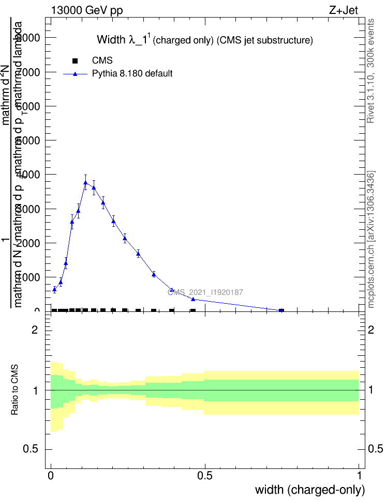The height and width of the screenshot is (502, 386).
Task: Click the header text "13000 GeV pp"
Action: (87, 10)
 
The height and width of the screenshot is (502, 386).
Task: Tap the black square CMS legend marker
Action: (75, 61)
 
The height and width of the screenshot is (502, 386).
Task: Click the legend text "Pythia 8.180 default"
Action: (132, 74)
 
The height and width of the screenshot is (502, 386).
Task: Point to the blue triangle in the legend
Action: (75, 74)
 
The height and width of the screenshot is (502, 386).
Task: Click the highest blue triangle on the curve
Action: (86, 182)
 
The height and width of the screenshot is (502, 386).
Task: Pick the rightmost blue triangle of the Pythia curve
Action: (281, 310)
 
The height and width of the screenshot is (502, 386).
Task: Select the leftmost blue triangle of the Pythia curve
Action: (54, 289)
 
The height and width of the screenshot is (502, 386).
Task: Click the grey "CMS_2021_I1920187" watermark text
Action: (205, 292)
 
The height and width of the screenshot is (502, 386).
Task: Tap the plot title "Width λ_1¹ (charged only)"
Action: (205, 40)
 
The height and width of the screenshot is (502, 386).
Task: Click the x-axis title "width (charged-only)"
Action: (310, 489)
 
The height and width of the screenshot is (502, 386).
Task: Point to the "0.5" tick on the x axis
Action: (205, 475)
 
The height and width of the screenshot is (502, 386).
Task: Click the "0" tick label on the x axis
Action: (51, 475)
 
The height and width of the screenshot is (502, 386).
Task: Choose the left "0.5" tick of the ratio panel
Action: (31, 449)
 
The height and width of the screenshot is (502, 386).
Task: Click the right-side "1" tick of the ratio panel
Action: (370, 390)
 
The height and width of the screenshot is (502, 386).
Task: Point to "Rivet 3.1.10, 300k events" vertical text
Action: (370, 71)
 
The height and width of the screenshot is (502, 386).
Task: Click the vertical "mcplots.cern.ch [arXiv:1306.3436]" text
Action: (370, 239)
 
